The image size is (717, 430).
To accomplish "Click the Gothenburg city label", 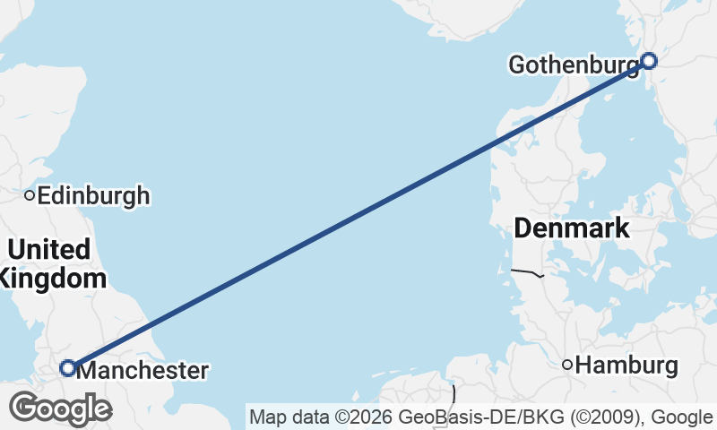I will (x=574, y=64).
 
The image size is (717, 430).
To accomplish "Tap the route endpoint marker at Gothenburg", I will (x=648, y=61).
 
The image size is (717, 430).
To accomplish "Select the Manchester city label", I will (x=143, y=370).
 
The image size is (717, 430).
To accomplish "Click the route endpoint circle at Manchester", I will (x=67, y=367).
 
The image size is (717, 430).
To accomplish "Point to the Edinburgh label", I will (x=93, y=195).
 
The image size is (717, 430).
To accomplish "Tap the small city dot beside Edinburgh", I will (x=30, y=194).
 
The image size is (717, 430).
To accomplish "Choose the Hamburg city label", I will (x=626, y=365).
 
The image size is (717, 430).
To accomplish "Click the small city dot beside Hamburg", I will (x=566, y=365).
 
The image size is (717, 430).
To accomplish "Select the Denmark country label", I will (x=571, y=228).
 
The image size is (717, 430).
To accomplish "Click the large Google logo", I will (x=60, y=408).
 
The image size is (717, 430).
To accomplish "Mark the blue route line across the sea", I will (x=358, y=214).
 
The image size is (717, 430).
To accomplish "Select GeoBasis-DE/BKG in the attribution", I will (x=465, y=417).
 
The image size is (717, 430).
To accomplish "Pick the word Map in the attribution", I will (x=266, y=417).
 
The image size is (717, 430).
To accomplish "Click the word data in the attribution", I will (x=306, y=417).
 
